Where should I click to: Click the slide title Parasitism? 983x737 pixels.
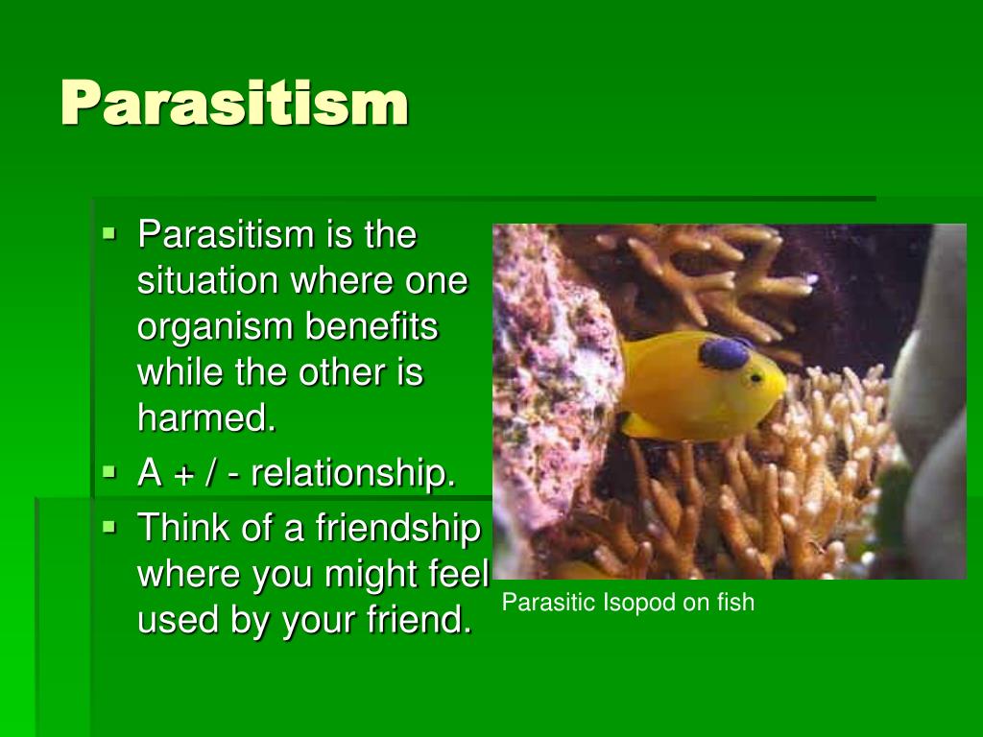pyautogui.click(x=234, y=104)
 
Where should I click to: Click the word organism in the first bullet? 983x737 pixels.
pyautogui.click(x=216, y=327)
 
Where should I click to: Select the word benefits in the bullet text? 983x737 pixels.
pyautogui.click(x=372, y=326)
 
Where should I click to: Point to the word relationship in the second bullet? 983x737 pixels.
pyautogui.click(x=354, y=473)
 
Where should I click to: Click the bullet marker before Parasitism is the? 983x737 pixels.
pyautogui.click(x=109, y=232)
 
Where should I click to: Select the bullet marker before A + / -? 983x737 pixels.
pyautogui.click(x=109, y=472)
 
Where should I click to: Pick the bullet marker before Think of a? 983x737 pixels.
pyautogui.click(x=109, y=526)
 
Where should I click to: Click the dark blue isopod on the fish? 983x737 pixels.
pyautogui.click(x=725, y=353)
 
